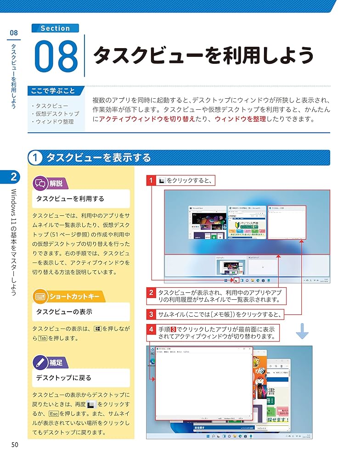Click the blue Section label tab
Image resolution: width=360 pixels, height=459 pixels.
(x=55, y=28)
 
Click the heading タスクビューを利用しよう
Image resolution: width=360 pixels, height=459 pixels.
(x=203, y=56)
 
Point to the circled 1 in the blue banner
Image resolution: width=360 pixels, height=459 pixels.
(x=35, y=158)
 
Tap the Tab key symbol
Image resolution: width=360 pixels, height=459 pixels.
(x=43, y=338)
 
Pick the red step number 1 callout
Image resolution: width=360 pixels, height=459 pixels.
(x=151, y=180)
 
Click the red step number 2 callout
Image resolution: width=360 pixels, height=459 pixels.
(x=151, y=292)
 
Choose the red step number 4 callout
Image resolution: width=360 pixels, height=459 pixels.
(x=151, y=330)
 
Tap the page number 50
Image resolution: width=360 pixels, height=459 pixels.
(x=15, y=444)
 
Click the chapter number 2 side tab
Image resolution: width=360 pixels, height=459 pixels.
(x=14, y=176)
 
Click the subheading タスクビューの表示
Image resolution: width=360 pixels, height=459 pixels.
(x=64, y=312)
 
